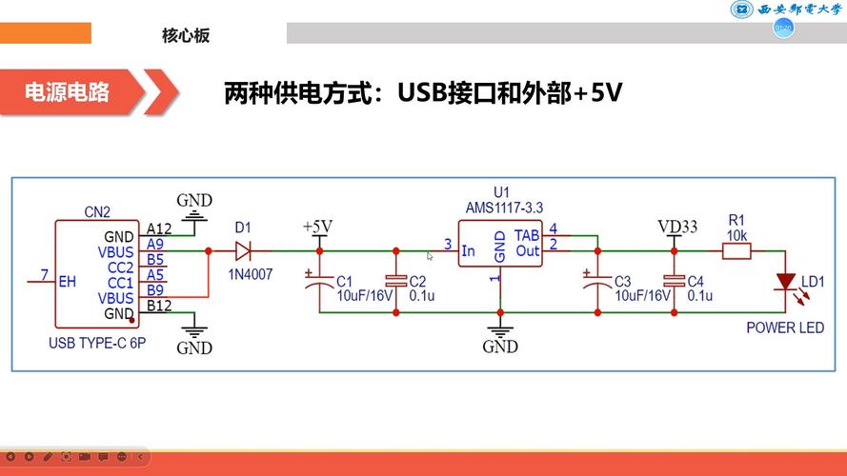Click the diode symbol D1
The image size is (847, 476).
coord(244,250)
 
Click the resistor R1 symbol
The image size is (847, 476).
coord(736,251)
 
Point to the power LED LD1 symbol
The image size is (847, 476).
coord(785,283)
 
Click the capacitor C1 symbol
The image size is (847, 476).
coord(318,282)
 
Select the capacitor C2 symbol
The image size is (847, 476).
coord(394,282)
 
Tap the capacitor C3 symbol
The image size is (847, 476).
coord(597,282)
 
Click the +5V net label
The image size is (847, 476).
coord(317,227)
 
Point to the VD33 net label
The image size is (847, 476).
coord(677,227)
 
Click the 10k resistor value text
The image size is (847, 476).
coord(736,234)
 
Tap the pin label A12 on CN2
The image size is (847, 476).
coord(158,229)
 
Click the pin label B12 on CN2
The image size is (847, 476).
coord(158,306)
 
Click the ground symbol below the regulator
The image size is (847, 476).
coord(498,332)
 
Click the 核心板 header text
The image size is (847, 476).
coord(185,35)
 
